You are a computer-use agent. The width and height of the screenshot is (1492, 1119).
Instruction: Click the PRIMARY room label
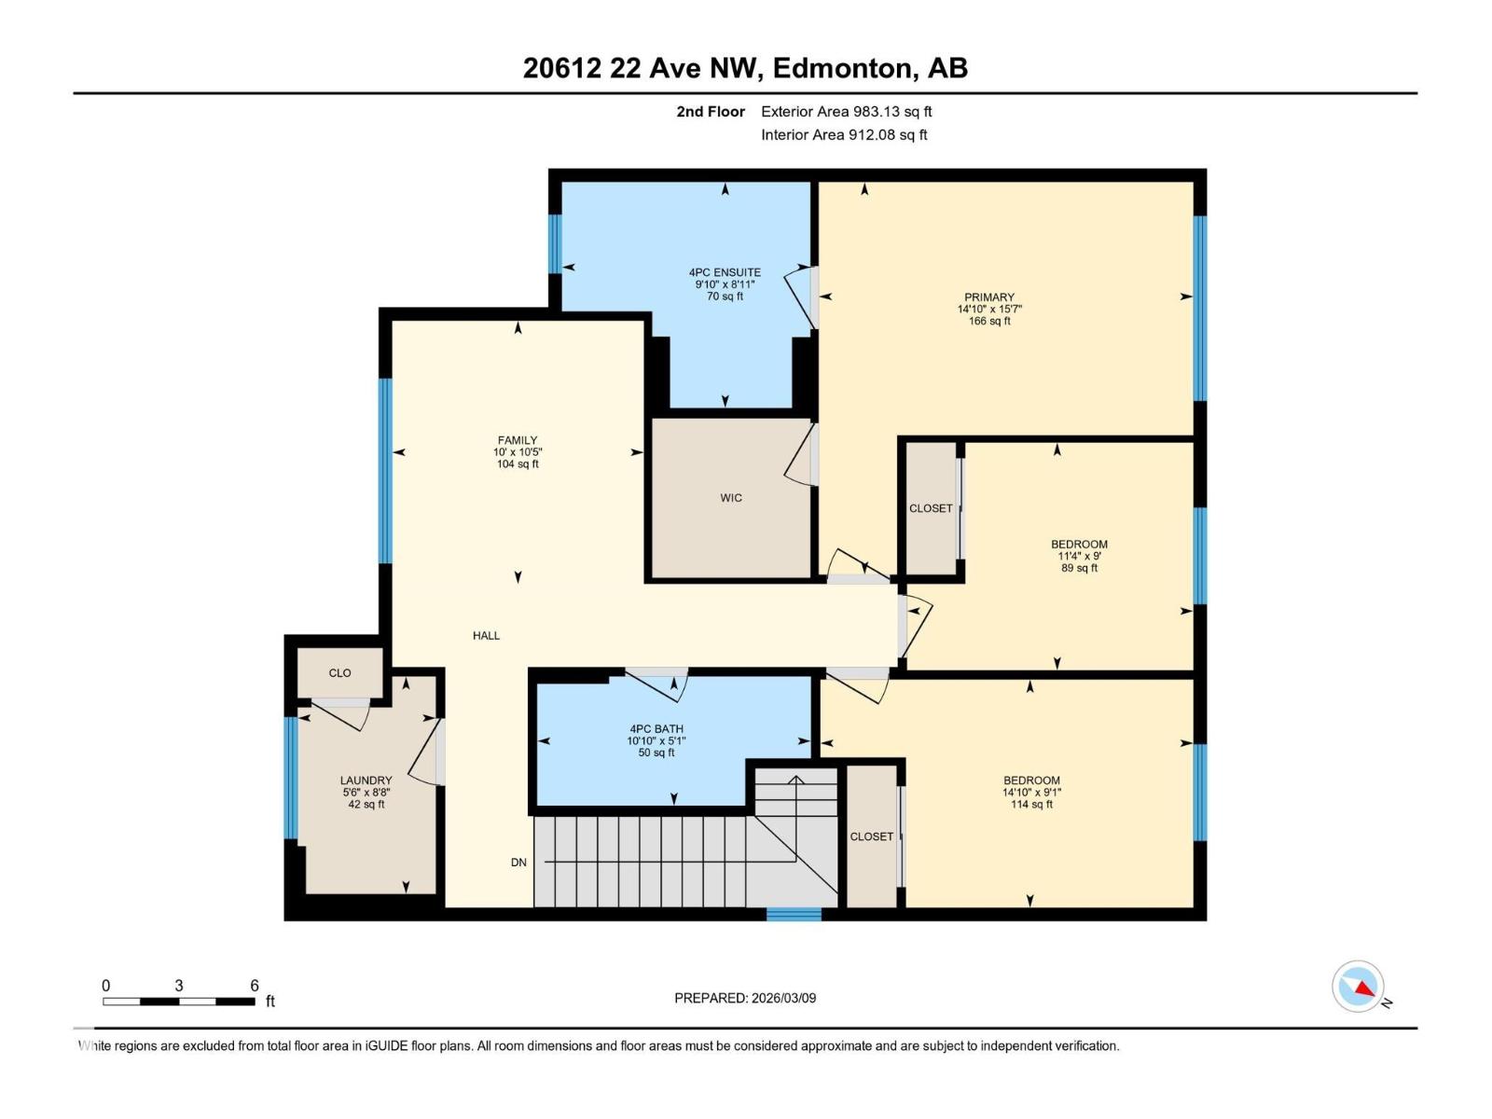[989, 297]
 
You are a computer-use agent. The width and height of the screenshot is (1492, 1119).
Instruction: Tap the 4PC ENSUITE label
[725, 272]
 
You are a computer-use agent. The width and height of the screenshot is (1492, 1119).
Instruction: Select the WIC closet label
[731, 498]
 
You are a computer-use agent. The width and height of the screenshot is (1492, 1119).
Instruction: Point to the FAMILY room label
[518, 440]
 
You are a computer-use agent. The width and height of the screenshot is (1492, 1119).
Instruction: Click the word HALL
[486, 636]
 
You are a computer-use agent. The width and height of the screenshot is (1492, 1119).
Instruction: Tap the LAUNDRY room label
[366, 781]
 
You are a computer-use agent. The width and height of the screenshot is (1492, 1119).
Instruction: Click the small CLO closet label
[339, 673]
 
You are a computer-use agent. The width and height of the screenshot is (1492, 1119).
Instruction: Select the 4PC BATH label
[656, 729]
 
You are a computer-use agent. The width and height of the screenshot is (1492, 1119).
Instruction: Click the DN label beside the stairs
[518, 863]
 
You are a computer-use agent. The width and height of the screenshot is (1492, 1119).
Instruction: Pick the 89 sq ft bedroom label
[1079, 545]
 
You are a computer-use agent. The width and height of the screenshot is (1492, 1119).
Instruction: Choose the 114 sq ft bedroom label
[1031, 781]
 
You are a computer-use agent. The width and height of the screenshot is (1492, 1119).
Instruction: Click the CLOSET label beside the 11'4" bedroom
[931, 508]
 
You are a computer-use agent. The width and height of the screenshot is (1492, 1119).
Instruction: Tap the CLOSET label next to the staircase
[871, 836]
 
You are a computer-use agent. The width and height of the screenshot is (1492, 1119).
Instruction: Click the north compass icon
[1358, 987]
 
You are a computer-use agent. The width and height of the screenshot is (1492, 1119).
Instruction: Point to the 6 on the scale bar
[254, 986]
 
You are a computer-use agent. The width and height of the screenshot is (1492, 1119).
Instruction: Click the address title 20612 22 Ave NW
[745, 68]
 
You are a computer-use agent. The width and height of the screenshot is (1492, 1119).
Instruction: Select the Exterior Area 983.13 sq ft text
[846, 112]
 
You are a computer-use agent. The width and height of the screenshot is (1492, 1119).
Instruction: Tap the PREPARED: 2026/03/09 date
[745, 998]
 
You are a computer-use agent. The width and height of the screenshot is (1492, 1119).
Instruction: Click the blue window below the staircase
[794, 915]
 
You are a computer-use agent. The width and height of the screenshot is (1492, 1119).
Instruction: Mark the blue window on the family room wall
[384, 470]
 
